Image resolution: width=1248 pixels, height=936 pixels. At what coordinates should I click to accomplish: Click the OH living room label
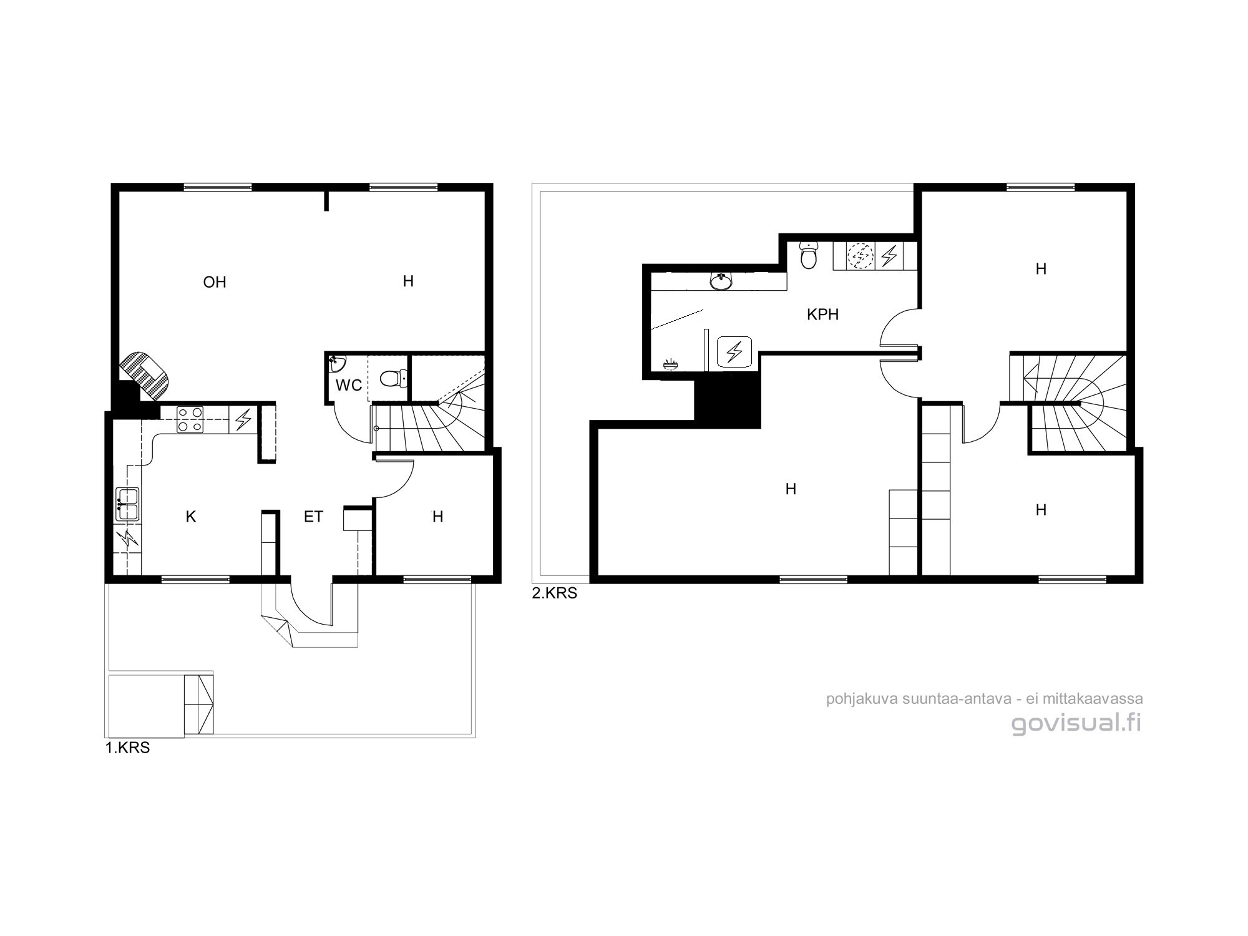click(215, 282)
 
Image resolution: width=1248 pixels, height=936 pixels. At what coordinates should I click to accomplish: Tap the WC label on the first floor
click(349, 385)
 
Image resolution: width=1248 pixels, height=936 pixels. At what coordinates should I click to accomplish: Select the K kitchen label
click(191, 517)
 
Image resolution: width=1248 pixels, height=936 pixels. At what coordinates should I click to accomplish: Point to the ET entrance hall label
click(313, 517)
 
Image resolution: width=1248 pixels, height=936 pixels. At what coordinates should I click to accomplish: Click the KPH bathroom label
click(822, 314)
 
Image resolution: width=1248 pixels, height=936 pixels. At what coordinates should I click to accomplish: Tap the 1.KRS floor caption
click(128, 748)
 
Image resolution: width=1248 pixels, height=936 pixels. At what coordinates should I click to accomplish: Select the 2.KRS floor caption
click(555, 593)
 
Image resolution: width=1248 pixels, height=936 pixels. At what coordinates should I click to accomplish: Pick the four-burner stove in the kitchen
click(190, 419)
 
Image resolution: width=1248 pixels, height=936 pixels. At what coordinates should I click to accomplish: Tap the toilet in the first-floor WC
click(392, 378)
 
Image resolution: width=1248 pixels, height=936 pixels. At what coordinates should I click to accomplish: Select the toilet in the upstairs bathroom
click(809, 256)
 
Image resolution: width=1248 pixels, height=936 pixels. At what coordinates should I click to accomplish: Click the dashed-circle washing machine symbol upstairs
click(860, 255)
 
